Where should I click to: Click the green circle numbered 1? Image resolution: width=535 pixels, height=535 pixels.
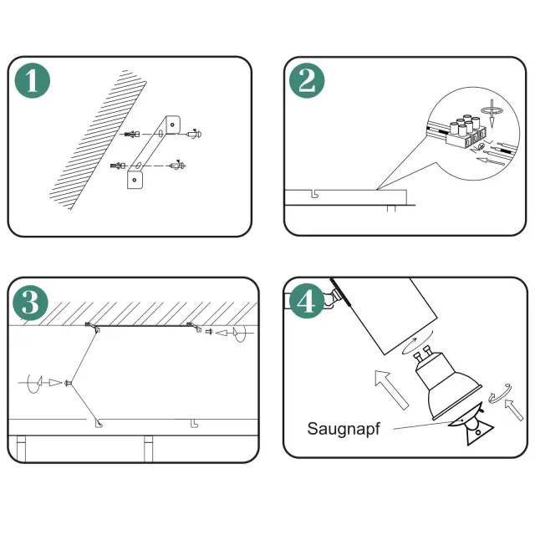[33, 80]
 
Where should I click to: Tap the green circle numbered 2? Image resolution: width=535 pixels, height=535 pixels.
[307, 80]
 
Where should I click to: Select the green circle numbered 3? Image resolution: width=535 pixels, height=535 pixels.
[30, 303]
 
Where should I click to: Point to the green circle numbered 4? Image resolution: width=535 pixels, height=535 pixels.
[307, 301]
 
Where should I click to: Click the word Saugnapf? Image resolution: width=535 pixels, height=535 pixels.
[344, 429]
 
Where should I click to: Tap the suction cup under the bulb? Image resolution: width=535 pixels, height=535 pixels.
[471, 425]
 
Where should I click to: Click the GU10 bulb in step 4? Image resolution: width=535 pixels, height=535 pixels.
[447, 384]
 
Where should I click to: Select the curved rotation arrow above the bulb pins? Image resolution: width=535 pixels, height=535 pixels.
[418, 342]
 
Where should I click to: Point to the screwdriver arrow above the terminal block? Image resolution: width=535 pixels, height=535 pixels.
[492, 113]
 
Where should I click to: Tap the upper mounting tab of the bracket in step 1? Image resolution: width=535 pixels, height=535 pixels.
[173, 125]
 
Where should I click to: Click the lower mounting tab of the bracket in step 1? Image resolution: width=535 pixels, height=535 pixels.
[135, 180]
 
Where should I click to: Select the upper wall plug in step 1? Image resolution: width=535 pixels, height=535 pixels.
[130, 134]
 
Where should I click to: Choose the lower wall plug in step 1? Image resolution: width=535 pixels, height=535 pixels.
[118, 166]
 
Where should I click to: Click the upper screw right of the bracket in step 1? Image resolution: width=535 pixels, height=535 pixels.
[195, 134]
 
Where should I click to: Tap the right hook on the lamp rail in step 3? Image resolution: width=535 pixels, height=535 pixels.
[194, 424]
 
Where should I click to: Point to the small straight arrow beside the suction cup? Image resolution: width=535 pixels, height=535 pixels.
[514, 410]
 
